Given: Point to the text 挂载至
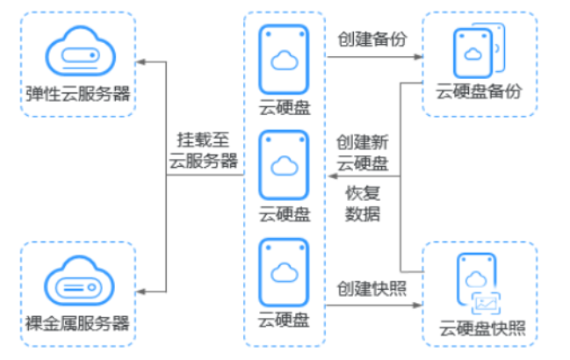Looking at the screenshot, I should pos(203,140).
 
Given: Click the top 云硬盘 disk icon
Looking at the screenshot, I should pos(284,58).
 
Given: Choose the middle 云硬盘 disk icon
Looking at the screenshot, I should pos(284,164).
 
